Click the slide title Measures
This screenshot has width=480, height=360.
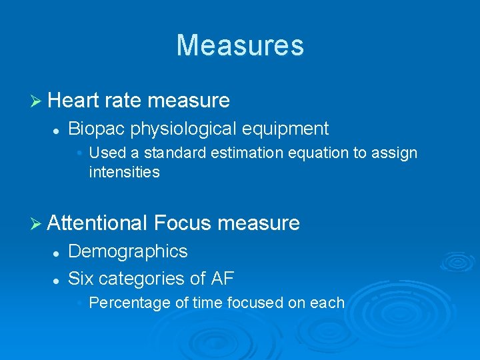click(x=240, y=45)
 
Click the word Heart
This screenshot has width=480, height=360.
click(x=74, y=101)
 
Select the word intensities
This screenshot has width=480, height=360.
click(x=124, y=172)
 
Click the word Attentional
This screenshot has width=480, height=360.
click(x=97, y=223)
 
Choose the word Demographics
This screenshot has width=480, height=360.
click(x=128, y=251)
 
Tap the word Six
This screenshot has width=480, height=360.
click(x=82, y=278)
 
